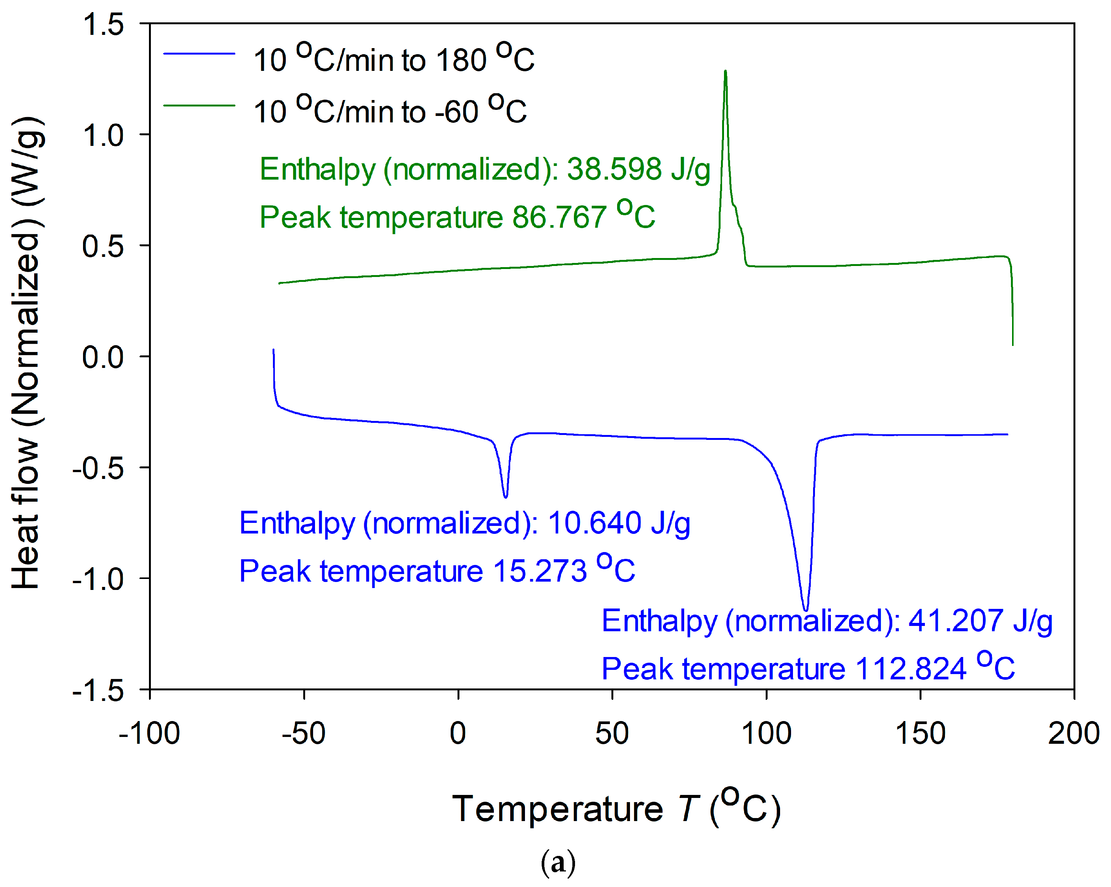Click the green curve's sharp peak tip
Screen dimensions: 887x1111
(726, 72)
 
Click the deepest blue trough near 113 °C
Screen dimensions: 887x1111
(805, 609)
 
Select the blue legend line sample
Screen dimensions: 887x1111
(199, 53)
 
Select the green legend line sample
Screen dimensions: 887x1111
(199, 106)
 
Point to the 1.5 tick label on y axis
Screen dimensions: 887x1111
(103, 24)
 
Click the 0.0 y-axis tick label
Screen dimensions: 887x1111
(103, 357)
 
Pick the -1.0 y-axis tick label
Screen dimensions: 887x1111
(98, 579)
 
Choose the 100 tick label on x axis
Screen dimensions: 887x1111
(766, 734)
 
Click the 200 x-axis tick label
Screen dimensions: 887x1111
(1073, 734)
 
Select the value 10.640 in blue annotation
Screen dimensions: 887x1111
(594, 523)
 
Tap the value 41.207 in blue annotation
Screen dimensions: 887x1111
(955, 620)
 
